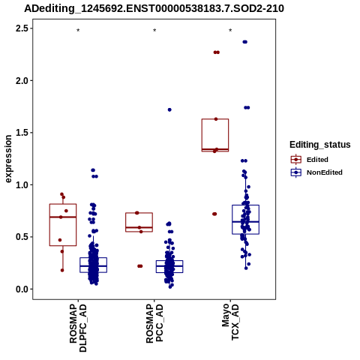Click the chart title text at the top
coord(154,9)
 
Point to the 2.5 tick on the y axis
coord(22,28)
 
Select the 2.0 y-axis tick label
coord(22,80)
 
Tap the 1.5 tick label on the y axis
coord(22,133)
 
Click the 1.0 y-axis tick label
coord(22,184)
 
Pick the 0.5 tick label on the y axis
coord(22,237)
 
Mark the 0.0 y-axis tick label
coord(22,289)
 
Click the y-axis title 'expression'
coord(8,159)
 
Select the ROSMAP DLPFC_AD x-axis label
coord(78,328)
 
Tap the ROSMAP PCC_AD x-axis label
coord(154,323)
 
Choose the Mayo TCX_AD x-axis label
coord(230,322)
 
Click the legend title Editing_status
coord(320,145)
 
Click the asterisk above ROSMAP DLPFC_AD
coord(78,30)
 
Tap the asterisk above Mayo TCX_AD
coord(230,30)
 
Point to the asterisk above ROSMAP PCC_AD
coord(154,30)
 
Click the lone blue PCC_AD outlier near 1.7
coord(169,109)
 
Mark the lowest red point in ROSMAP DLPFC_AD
coord(62,270)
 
